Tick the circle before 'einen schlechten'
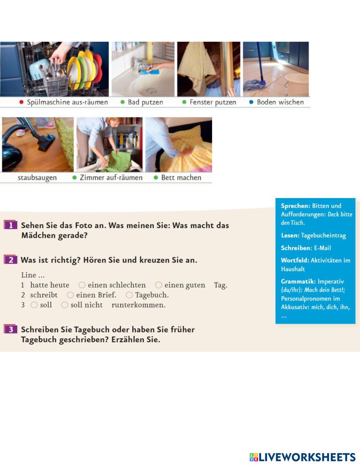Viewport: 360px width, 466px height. pyautogui.click(x=82, y=285)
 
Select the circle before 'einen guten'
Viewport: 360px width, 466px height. pyautogui.click(x=158, y=285)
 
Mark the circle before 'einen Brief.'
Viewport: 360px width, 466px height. pyautogui.click(x=70, y=295)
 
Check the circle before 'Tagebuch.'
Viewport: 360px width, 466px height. pyautogui.click(x=129, y=295)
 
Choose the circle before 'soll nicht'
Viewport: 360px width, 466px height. pyautogui.click(x=64, y=305)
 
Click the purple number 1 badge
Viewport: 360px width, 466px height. pyautogui.click(x=10, y=225)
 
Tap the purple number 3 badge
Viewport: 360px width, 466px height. pyautogui.click(x=10, y=329)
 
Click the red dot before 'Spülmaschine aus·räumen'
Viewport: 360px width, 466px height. pyautogui.click(x=22, y=102)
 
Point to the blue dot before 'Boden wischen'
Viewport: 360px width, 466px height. pyautogui.click(x=251, y=102)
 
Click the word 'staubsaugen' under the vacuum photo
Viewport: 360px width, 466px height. pyautogui.click(x=37, y=178)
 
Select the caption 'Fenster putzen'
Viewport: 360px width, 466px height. pyautogui.click(x=213, y=102)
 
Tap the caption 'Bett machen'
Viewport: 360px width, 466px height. pyautogui.click(x=181, y=178)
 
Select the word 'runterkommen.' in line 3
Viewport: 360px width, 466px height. pyautogui.click(x=139, y=305)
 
